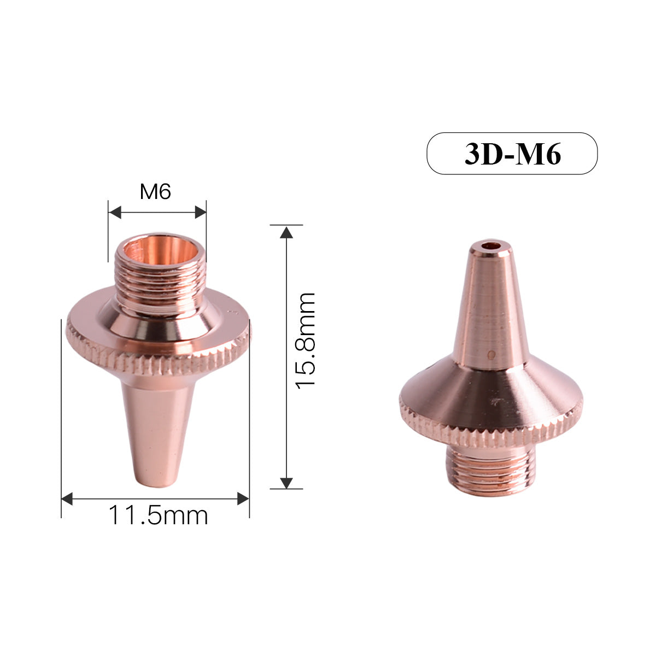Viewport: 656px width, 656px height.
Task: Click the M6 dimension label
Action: [156, 192]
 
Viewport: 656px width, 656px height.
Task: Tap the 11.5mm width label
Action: [159, 515]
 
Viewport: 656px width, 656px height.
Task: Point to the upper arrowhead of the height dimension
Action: [285, 232]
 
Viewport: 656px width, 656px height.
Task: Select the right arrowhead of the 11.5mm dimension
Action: [243, 499]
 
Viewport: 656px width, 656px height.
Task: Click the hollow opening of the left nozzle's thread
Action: [160, 250]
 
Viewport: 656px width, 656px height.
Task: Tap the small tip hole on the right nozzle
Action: [490, 246]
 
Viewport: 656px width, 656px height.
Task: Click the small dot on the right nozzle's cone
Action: [491, 353]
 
